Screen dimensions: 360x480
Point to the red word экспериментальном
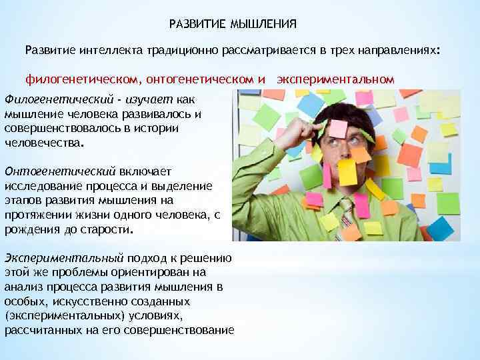[x=335, y=79]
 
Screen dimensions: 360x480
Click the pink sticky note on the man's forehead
[x=339, y=129]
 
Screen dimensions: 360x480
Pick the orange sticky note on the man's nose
[x=361, y=154]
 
